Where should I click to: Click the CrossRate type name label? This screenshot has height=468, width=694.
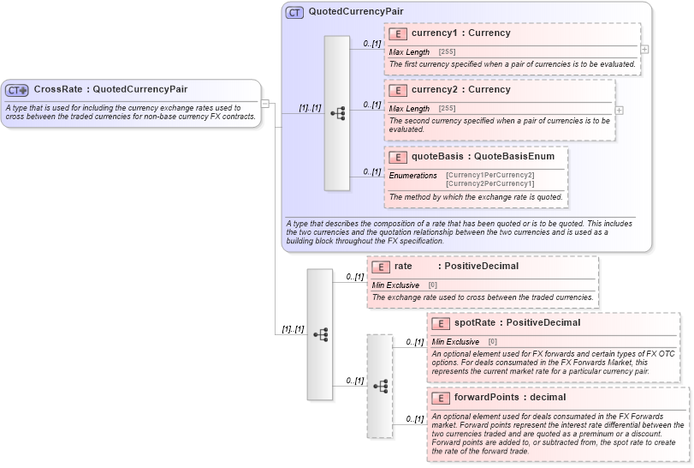tap(110, 89)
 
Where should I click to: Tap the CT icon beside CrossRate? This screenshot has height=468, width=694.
tap(17, 90)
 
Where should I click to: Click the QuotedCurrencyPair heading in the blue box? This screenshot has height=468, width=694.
tap(356, 12)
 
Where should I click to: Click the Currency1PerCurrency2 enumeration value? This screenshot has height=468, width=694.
tap(489, 175)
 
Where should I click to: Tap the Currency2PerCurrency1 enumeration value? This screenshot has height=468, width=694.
tap(489, 183)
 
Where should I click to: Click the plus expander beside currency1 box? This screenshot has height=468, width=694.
tap(644, 50)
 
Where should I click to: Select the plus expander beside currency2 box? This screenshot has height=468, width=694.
tap(619, 110)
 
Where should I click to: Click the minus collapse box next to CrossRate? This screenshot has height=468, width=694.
tap(265, 105)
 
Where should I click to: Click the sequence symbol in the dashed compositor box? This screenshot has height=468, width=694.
tap(380, 387)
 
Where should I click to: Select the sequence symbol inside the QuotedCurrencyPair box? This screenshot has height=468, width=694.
tap(337, 113)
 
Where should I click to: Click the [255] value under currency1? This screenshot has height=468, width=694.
tap(447, 52)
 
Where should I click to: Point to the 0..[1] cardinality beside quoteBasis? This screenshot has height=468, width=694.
tap(371, 171)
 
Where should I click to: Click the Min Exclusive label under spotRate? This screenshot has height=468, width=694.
tap(455, 342)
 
